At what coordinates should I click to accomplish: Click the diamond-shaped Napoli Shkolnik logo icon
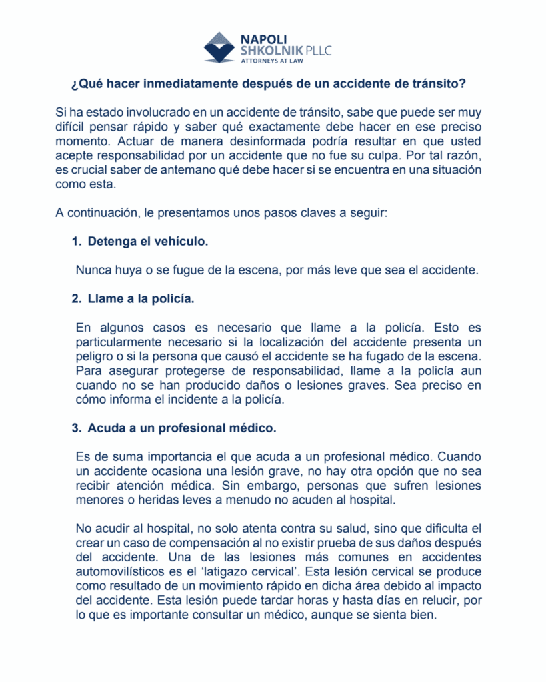(x=219, y=47)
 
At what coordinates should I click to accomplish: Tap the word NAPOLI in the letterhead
(x=263, y=39)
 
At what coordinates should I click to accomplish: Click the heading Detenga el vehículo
(x=148, y=241)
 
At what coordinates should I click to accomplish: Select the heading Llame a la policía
(x=141, y=299)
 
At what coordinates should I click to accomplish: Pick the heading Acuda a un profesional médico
(x=181, y=428)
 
